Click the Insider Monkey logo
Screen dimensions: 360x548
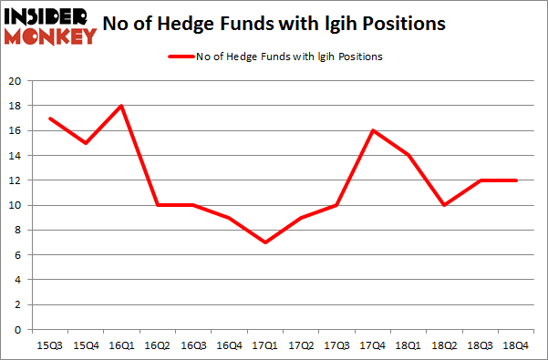(51, 26)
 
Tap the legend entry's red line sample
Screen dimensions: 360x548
(180, 57)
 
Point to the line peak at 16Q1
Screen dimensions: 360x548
(121, 106)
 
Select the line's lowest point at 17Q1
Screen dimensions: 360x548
(264, 242)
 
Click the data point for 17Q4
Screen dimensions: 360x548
(372, 130)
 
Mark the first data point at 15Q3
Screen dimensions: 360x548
(49, 118)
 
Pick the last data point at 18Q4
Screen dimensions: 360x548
(515, 180)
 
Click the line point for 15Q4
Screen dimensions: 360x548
(85, 143)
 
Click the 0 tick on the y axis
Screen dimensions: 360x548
(17, 330)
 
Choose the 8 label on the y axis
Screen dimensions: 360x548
(17, 231)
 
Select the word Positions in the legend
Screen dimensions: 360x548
(359, 57)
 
